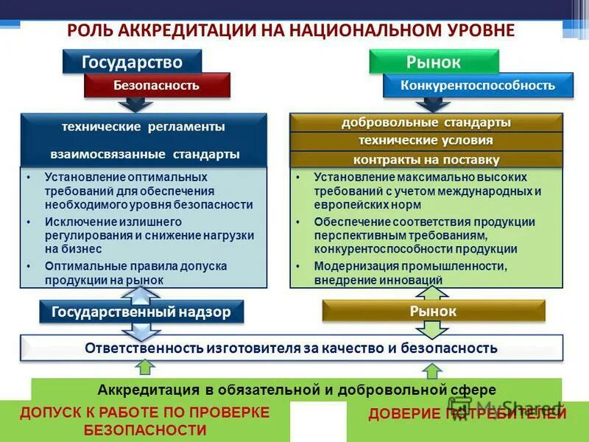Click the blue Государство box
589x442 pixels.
(132, 62)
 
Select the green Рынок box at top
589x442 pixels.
(434, 62)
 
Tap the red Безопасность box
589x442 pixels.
(156, 85)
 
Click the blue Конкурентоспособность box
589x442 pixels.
(477, 85)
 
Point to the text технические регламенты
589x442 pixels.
(144, 127)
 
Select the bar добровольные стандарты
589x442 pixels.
(426, 122)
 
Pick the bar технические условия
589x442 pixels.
(426, 141)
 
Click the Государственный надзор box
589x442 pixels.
(141, 312)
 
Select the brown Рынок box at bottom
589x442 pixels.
(434, 312)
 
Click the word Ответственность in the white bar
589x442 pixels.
(146, 348)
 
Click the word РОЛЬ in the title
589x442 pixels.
(86, 30)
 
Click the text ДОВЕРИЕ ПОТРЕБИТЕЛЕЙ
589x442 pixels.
(467, 414)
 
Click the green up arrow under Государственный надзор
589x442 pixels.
(146, 366)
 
